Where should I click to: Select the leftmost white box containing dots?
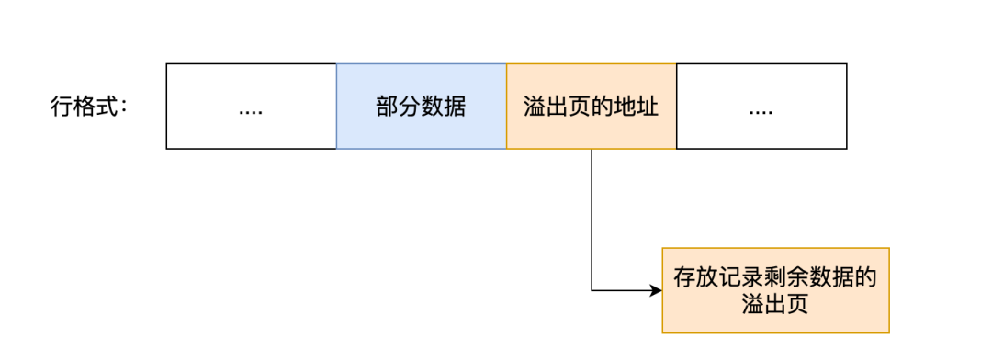point(251,107)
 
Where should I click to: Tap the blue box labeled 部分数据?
point(421,107)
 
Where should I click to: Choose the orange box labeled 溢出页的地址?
point(591,107)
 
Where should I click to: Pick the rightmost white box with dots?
point(761,107)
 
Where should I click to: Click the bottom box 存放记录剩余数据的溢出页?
point(775,290)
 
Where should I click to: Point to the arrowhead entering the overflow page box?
point(656,291)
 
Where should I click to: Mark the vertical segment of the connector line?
point(592,220)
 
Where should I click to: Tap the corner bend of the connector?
point(592,291)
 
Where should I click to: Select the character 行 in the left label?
point(62,107)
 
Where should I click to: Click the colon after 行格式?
point(123,107)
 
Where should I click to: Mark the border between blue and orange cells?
point(506,107)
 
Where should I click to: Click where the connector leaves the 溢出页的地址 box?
point(592,150)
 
